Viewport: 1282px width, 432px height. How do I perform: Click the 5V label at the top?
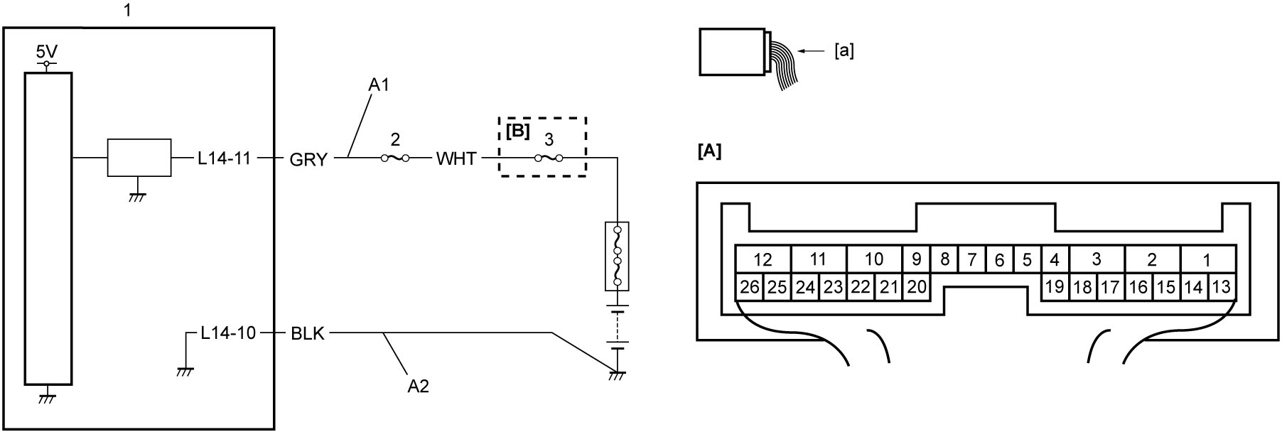tap(47, 53)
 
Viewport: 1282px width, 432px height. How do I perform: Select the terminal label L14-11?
tap(225, 158)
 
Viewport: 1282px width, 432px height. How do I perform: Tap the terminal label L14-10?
tap(228, 333)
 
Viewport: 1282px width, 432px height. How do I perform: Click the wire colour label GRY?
tap(308, 159)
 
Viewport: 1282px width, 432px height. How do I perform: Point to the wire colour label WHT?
tap(456, 158)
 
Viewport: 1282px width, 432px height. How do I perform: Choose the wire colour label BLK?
tap(308, 333)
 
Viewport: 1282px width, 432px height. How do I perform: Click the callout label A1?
tap(379, 85)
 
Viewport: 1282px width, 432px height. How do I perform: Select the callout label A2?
tap(419, 387)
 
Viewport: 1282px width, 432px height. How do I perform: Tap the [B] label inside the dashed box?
tap(518, 131)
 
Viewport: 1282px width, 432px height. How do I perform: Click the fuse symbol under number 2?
tap(396, 158)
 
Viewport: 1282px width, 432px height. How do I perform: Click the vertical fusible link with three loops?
tap(617, 256)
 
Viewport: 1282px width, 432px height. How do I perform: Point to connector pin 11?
tap(818, 259)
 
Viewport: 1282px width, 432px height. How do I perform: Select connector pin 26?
tap(749, 287)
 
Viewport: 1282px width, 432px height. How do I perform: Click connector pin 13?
tap(1221, 287)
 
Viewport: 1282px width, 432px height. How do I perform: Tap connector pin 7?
tap(971, 259)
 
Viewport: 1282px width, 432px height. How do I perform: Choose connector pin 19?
tap(1055, 287)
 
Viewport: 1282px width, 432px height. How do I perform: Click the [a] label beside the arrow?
tap(844, 51)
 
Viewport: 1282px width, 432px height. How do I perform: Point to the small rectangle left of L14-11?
tap(139, 157)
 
